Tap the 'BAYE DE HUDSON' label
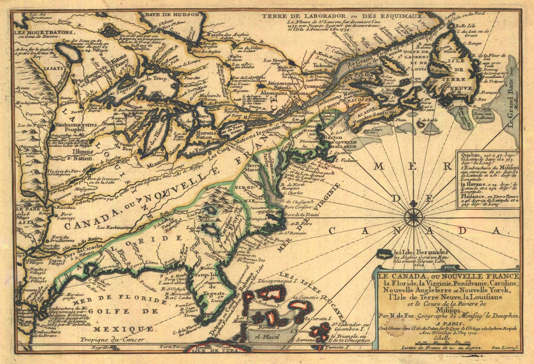[x=173, y=15]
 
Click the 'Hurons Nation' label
[x=206, y=135]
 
